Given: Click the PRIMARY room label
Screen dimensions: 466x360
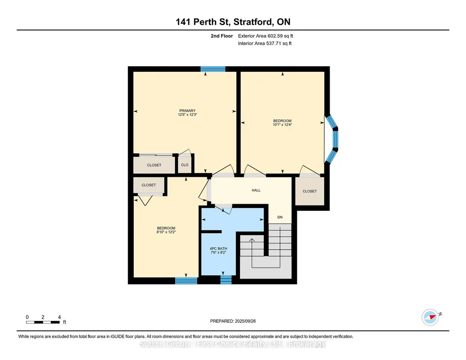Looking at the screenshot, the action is (x=187, y=111).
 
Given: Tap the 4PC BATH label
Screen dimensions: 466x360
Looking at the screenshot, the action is (x=218, y=249).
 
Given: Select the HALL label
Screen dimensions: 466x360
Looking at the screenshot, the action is (x=256, y=190).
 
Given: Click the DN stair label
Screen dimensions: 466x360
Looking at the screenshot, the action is (x=280, y=217).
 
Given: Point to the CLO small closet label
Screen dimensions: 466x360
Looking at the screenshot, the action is (x=185, y=165).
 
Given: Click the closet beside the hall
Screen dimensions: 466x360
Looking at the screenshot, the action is (x=310, y=191).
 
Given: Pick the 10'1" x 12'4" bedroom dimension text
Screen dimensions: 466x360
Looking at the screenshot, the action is (x=282, y=125).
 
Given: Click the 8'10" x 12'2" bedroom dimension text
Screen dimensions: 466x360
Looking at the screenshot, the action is (x=166, y=232).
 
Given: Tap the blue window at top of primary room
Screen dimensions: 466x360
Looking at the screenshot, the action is (x=213, y=69).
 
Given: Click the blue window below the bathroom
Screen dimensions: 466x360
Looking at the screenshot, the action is (x=226, y=280).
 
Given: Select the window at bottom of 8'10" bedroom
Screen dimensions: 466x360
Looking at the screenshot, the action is (x=186, y=280).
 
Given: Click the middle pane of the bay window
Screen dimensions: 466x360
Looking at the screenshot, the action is (x=336, y=139).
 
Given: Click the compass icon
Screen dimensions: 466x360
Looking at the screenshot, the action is (x=430, y=317).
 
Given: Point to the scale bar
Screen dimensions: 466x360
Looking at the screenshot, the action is (x=43, y=322).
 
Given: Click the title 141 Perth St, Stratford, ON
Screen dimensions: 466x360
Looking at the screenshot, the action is (x=233, y=22).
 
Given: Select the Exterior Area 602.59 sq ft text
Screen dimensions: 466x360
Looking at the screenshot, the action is (x=266, y=36).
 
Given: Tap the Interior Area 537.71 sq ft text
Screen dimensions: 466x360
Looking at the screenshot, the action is (x=265, y=43).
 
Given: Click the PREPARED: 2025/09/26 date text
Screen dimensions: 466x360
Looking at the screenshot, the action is (x=233, y=321).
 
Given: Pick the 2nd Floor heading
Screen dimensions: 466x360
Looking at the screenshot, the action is (x=222, y=36).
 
